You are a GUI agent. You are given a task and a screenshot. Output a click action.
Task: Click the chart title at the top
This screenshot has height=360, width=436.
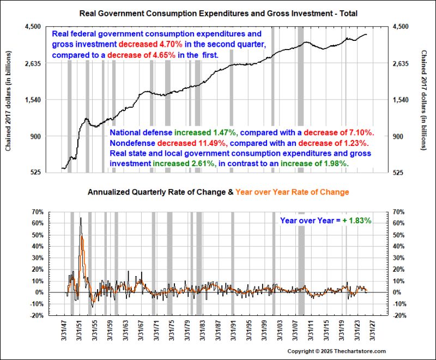pyautogui.click(x=219, y=12)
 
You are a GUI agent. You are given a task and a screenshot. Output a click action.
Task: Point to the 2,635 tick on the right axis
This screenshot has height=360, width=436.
pyautogui.click(x=401, y=63)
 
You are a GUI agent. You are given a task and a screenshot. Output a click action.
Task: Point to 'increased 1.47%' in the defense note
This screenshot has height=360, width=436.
pyautogui.click(x=207, y=132)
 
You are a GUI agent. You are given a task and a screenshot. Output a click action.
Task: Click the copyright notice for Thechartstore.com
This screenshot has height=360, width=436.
pyautogui.click(x=336, y=351)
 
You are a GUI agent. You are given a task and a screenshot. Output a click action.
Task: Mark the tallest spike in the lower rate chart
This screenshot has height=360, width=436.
pyautogui.click(x=81, y=218)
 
